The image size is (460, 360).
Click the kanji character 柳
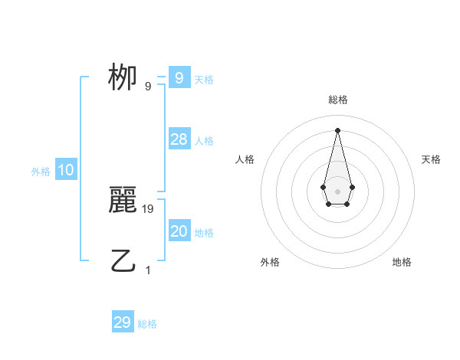pyautogui.click(x=123, y=77)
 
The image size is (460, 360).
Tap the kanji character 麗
pyautogui.click(x=123, y=201)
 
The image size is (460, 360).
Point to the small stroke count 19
pyautogui.click(x=149, y=208)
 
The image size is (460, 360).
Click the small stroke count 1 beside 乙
pyautogui.click(x=148, y=270)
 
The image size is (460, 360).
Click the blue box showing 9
pyautogui.click(x=179, y=77)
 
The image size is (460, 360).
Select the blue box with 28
pyautogui.click(x=179, y=139)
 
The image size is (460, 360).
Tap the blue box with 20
pyautogui.click(x=179, y=231)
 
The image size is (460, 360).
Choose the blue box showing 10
pyautogui.click(x=66, y=170)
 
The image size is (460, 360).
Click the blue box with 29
pyautogui.click(x=123, y=322)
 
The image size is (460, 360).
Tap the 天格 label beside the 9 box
pyautogui.click(x=204, y=79)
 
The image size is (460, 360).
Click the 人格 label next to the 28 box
pyautogui.click(x=204, y=140)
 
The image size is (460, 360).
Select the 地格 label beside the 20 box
pyautogui.click(x=204, y=233)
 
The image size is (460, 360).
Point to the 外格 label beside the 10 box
pyautogui.click(x=41, y=172)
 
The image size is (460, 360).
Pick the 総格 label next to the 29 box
pyautogui.click(x=147, y=324)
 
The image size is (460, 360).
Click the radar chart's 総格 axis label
pyautogui.click(x=337, y=100)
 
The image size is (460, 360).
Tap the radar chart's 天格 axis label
pyautogui.click(x=432, y=159)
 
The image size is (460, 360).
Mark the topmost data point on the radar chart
pyautogui.click(x=337, y=129)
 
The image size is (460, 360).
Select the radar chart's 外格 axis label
pyautogui.click(x=270, y=262)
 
